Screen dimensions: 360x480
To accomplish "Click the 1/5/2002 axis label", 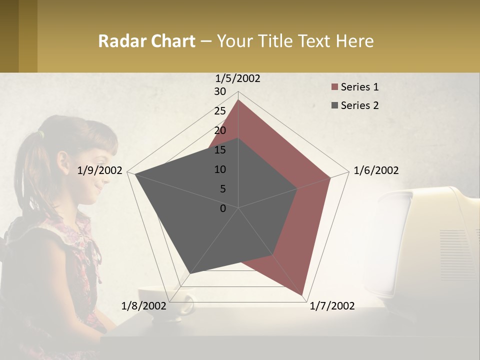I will [238, 78].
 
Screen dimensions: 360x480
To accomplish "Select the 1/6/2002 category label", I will [376, 170].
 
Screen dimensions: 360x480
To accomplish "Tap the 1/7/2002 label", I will [332, 306].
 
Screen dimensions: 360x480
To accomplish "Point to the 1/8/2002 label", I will [143, 306].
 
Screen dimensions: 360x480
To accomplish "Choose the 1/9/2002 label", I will [100, 170].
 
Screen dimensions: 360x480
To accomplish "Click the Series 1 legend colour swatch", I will [334, 87].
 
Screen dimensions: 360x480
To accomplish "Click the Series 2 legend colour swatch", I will [334, 105].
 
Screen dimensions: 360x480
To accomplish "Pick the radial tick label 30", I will [219, 91].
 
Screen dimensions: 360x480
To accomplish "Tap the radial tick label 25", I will [219, 111].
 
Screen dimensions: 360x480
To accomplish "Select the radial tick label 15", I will [219, 150].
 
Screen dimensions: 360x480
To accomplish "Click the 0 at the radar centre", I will [223, 208].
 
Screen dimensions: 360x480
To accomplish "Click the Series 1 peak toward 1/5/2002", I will [238, 100].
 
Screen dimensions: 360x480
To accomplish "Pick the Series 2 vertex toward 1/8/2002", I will [190, 273].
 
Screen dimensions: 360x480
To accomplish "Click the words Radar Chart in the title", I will [146, 41].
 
